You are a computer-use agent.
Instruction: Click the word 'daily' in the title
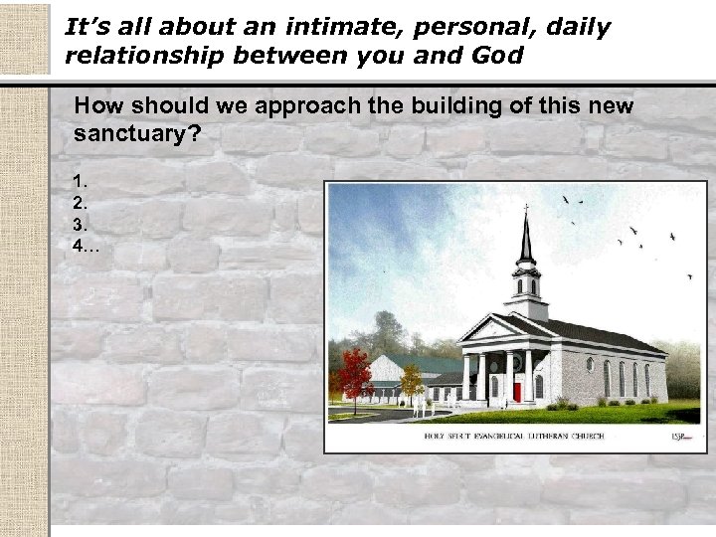568,27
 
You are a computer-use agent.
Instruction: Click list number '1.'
80,181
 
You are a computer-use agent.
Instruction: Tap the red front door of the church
516,391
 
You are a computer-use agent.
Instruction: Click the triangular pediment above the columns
493,329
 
